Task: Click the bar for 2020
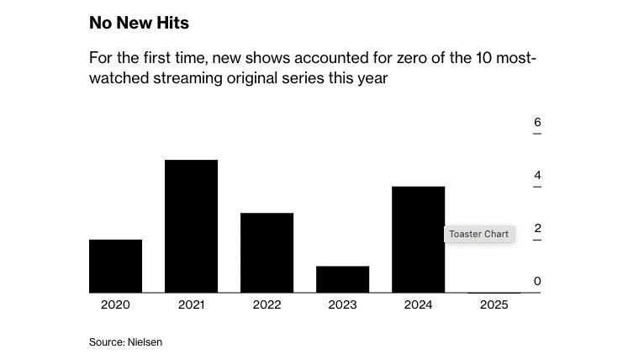115,266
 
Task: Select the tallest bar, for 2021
191,226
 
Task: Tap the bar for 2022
267,252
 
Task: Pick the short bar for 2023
342,279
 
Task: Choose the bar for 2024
418,240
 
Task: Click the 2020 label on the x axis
115,304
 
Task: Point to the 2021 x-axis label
191,304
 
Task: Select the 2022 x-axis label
267,304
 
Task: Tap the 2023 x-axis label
342,304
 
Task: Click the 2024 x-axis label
418,304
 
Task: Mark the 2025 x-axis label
493,304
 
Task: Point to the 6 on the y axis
537,123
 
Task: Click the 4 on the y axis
537,176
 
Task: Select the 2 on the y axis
537,229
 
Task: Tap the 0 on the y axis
537,282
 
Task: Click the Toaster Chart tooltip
479,234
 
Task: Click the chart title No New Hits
139,23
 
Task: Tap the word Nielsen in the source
145,342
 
